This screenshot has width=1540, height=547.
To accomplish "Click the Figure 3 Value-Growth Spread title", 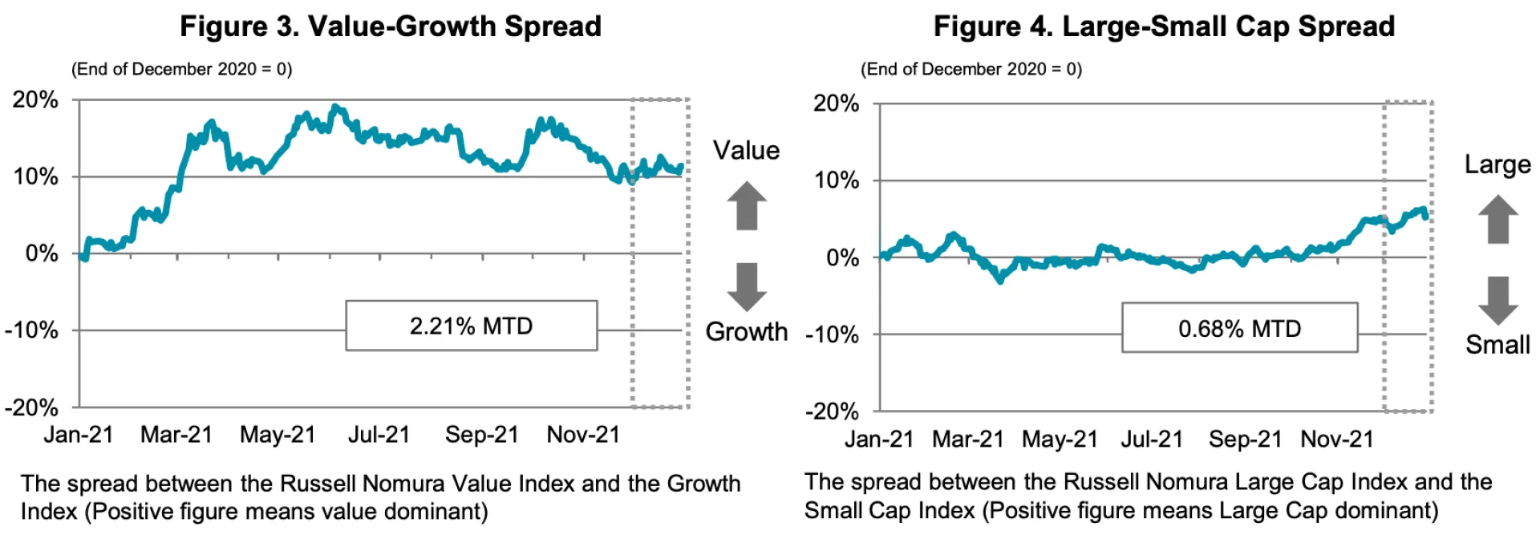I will click(390, 26).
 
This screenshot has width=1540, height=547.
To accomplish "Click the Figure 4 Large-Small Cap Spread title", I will click(1164, 26).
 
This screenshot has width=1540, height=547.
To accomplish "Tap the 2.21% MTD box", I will click(471, 326).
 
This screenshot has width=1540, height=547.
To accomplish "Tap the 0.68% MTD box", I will click(1239, 328).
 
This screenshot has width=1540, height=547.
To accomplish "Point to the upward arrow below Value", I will click(747, 205).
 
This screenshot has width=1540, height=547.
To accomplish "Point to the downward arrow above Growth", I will click(747, 286).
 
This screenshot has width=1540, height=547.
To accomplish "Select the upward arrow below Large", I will click(1497, 219).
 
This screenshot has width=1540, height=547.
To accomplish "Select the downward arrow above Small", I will click(1497, 300).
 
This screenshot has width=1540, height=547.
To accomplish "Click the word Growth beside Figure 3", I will click(746, 331).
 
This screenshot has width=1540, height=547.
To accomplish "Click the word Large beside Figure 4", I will click(1497, 164).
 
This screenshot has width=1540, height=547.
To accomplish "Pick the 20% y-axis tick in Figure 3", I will click(35, 100).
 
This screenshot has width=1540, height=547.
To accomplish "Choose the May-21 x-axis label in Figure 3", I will click(278, 435).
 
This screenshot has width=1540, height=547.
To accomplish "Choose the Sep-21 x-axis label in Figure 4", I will click(1245, 440).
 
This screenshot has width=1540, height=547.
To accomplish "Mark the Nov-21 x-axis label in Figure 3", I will click(583, 435).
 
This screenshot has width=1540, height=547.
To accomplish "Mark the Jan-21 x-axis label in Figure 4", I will click(879, 440).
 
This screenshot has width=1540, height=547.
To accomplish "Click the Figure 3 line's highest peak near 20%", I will click(335, 107).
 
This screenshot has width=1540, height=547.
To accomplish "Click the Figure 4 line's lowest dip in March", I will click(999, 280).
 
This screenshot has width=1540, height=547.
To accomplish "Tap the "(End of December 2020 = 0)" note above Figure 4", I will click(971, 69).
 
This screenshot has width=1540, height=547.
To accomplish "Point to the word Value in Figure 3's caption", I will click(481, 484).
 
